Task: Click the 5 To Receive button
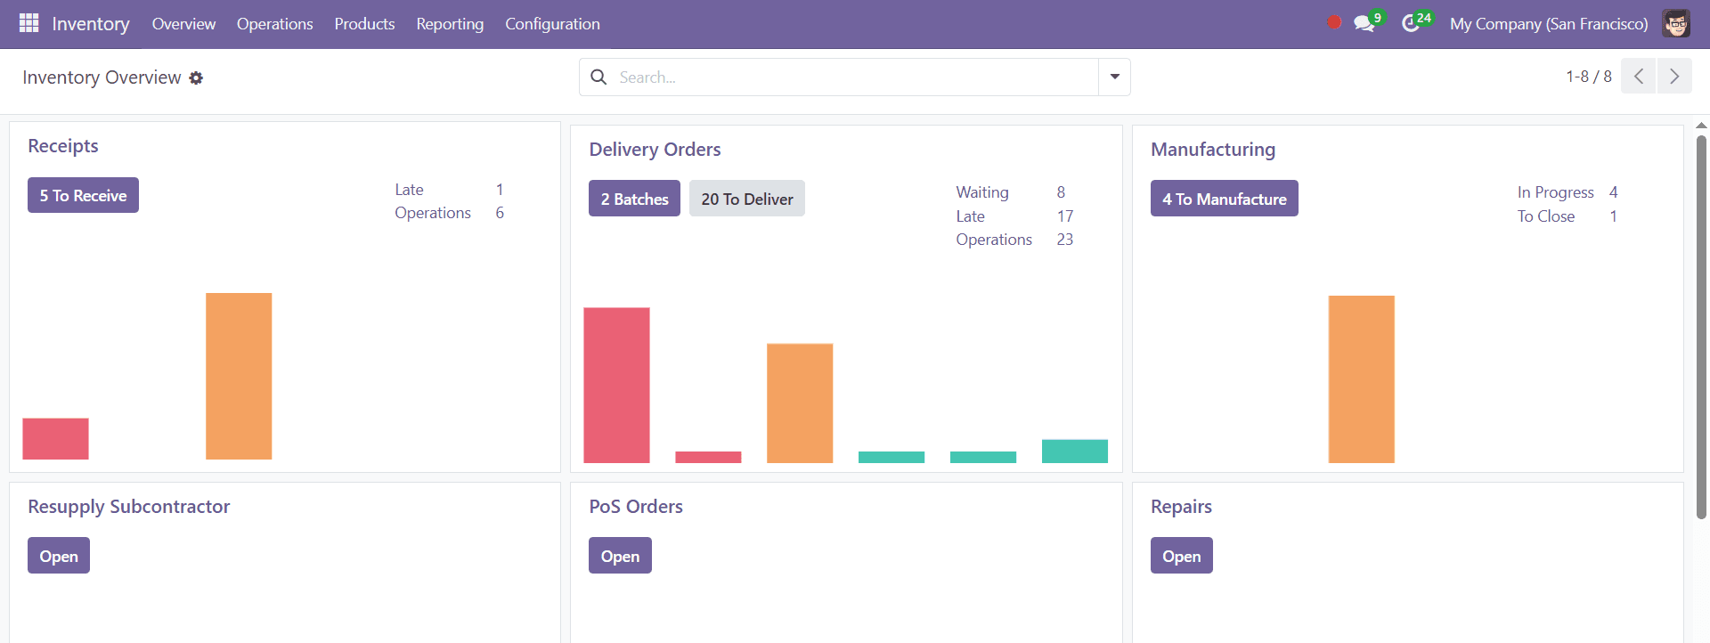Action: (83, 195)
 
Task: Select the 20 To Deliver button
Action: (746, 199)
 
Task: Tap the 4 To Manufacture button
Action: (1224, 199)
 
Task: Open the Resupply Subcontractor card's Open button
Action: (59, 556)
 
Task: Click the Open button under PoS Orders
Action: (620, 556)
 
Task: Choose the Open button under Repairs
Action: (1181, 556)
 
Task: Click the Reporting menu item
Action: (450, 24)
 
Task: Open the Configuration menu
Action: (552, 24)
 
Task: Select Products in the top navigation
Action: (364, 24)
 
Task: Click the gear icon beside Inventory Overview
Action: (196, 78)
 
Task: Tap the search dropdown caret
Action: (1114, 77)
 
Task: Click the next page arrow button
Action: (1673, 77)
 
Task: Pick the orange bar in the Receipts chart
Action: (239, 376)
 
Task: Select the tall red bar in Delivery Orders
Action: (616, 385)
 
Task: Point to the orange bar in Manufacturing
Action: (1361, 378)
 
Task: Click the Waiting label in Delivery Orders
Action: (982, 192)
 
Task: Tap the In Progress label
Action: (1555, 192)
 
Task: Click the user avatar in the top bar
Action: (1675, 24)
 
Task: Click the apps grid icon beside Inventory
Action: (29, 23)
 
